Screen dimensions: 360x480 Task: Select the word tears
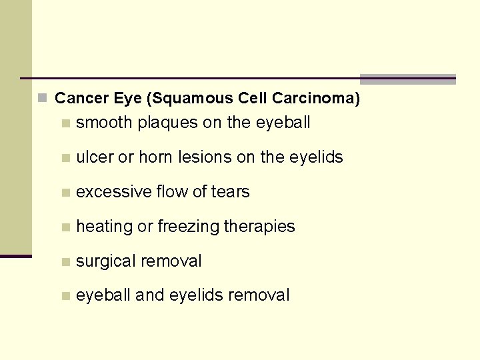click(x=230, y=192)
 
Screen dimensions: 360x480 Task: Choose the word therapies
click(x=259, y=227)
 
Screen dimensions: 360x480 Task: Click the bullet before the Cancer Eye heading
click(x=43, y=99)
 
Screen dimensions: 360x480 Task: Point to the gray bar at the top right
click(x=407, y=79)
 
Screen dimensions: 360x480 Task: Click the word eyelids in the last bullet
click(x=197, y=295)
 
